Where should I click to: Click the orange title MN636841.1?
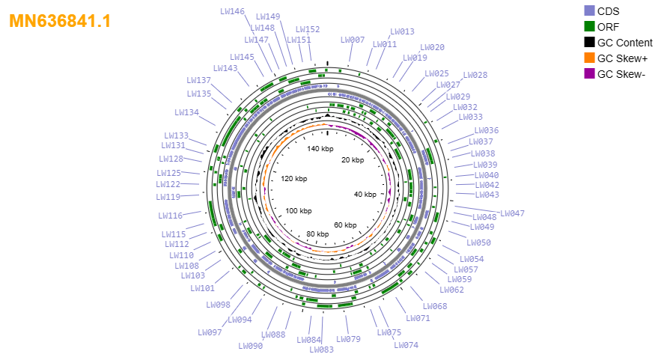pyautogui.click(x=60, y=21)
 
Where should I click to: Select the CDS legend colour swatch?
pyautogui.click(x=589, y=11)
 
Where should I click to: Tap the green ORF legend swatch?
pyautogui.click(x=589, y=26)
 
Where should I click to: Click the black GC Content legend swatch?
pyautogui.click(x=589, y=43)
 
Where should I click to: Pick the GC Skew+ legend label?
pyautogui.click(x=622, y=58)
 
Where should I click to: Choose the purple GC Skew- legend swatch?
pyautogui.click(x=589, y=74)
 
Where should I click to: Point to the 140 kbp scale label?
pyautogui.click(x=320, y=148)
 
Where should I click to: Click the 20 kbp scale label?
pyautogui.click(x=353, y=160)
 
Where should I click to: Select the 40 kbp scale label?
pyautogui.click(x=365, y=195)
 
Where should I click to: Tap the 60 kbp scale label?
pyautogui.click(x=345, y=225)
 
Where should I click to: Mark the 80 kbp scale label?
pyautogui.click(x=317, y=234)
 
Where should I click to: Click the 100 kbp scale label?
pyautogui.click(x=299, y=210)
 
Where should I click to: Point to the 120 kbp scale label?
pyautogui.click(x=293, y=178)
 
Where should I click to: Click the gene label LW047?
pyautogui.click(x=512, y=213)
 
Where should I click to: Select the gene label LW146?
pyautogui.click(x=233, y=11)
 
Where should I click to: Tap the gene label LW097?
pyautogui.click(x=210, y=332)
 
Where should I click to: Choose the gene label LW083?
pyautogui.click(x=321, y=350)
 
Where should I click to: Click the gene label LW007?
pyautogui.click(x=353, y=40)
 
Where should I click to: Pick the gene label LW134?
pyautogui.click(x=186, y=112)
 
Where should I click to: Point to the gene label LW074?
pyautogui.click(x=406, y=345)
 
